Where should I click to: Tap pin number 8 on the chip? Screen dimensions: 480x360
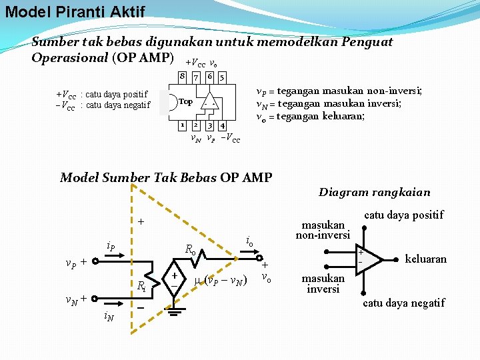click(182, 77)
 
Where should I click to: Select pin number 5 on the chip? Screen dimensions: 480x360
click(222, 77)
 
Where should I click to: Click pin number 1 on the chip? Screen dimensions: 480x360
click(182, 125)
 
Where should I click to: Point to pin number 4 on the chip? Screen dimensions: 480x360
click(222, 125)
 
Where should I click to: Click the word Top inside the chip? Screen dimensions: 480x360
click(186, 102)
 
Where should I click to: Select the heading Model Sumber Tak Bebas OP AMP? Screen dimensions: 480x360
click(166, 177)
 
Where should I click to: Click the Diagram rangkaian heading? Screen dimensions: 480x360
click(374, 193)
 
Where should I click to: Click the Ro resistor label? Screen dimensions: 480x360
click(190, 250)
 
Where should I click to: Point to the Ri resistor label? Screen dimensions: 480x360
click(141, 287)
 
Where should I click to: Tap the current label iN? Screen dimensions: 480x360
click(108, 317)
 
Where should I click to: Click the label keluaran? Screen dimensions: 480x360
click(425, 259)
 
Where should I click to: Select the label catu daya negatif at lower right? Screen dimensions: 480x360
click(403, 303)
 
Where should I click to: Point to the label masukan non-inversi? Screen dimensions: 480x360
click(323, 230)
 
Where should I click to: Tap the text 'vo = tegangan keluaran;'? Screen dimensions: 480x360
click(311, 117)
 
